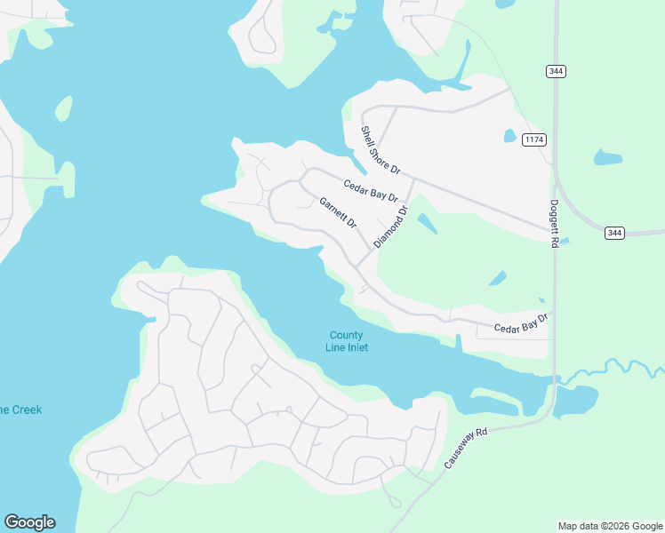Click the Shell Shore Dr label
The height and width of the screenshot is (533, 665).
coord(381,149)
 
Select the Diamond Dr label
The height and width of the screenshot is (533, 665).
coord(390,227)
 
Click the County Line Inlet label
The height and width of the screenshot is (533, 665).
coord(347,341)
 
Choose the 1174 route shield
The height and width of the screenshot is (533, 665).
coord(533,139)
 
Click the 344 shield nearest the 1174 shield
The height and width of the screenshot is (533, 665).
coord(557,71)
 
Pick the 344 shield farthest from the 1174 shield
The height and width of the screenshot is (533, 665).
coord(614,233)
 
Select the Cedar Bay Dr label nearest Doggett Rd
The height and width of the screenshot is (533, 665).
coord(521,322)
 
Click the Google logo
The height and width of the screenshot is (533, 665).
coord(29,522)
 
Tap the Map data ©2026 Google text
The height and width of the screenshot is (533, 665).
coord(610,526)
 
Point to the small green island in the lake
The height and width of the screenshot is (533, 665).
coord(64,107)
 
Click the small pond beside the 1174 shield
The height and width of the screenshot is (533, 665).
coord(510,136)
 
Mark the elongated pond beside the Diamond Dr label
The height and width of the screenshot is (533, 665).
coord(427,222)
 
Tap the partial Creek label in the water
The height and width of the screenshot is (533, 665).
coord(20,410)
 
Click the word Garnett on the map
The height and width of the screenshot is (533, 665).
coord(332,207)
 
